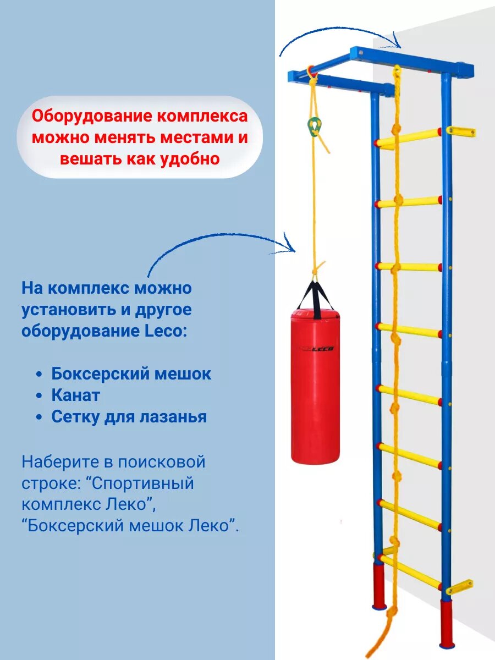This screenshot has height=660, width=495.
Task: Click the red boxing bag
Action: pyautogui.click(x=315, y=391)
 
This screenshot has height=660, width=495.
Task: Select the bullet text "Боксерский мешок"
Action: pyautogui.click(x=131, y=374)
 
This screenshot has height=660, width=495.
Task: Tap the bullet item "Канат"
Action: pyautogui.click(x=76, y=395)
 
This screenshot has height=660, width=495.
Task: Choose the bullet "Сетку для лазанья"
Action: pyautogui.click(x=129, y=416)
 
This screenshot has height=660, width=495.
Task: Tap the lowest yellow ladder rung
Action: pyautogui.click(x=410, y=572)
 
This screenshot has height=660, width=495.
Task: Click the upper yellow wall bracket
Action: pyautogui.click(x=461, y=131)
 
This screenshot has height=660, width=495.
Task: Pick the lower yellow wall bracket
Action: pyautogui.click(x=459, y=587)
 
